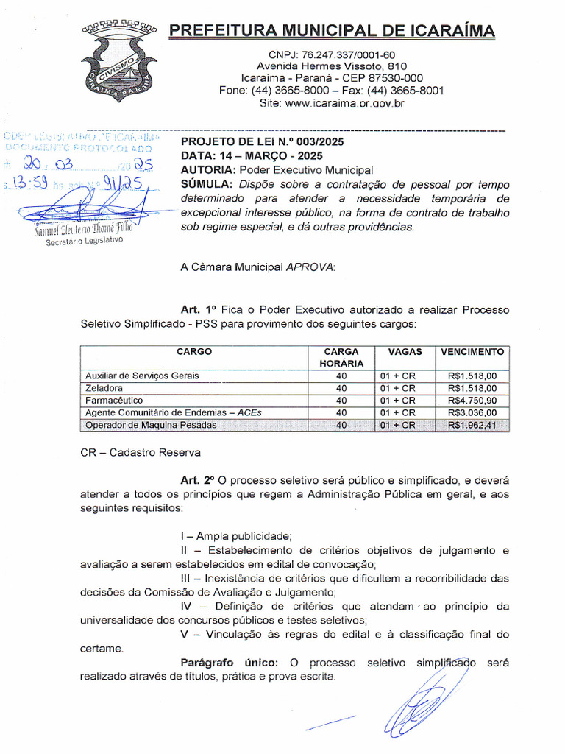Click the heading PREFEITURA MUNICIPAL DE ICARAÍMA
[332, 31]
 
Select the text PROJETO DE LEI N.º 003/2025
[262, 142]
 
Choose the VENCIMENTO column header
[472, 352]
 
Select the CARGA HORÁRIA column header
[341, 357]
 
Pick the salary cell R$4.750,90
[472, 400]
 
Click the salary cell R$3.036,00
[472, 412]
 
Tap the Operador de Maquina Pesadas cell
[151, 425]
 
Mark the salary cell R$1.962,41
[472, 425]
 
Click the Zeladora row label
[104, 388]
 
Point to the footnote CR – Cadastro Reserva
[140, 451]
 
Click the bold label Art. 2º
[197, 479]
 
